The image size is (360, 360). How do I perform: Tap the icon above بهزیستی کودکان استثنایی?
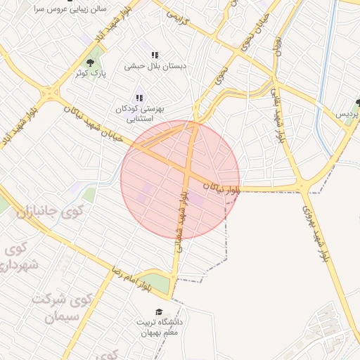139,98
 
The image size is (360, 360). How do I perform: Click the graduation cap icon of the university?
160,311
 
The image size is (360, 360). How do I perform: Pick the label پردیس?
346,112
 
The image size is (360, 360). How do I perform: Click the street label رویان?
278,46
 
